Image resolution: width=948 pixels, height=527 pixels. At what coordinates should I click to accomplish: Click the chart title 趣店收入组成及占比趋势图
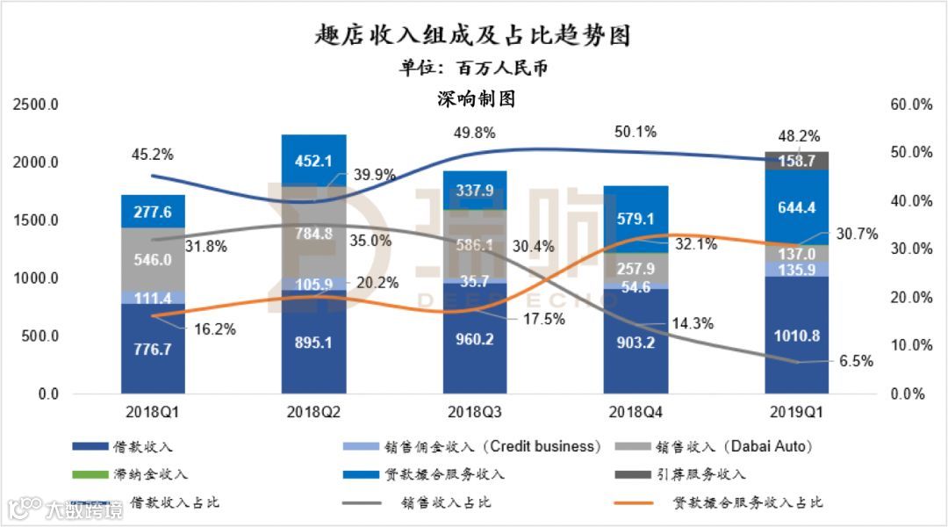click(473, 35)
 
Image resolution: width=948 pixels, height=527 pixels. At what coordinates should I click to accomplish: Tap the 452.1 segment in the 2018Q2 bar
click(313, 160)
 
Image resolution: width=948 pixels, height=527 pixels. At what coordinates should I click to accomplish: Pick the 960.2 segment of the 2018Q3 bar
click(475, 341)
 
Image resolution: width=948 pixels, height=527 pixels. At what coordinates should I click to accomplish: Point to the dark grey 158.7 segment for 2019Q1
click(796, 161)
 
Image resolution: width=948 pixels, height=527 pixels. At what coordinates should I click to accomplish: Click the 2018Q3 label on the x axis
click(474, 410)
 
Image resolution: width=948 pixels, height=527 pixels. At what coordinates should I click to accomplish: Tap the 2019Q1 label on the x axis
click(796, 410)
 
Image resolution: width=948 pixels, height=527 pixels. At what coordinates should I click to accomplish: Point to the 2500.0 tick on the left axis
click(36, 105)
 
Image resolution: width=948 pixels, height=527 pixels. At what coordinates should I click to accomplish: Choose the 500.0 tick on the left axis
click(39, 336)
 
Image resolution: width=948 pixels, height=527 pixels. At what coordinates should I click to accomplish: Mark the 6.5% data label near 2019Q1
click(856, 361)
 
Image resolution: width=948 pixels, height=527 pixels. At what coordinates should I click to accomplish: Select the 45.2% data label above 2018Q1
click(153, 155)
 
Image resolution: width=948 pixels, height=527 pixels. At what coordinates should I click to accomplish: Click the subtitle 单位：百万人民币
click(473, 68)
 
